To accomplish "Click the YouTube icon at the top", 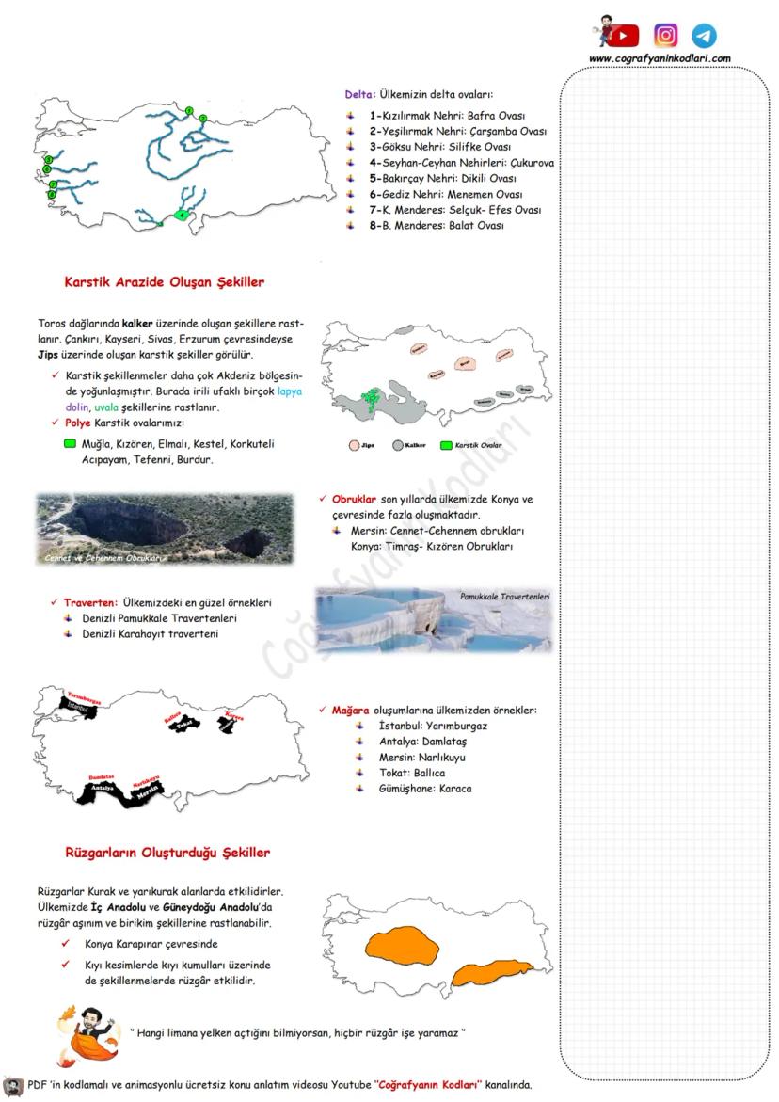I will [622, 36].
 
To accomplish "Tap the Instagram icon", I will [666, 36].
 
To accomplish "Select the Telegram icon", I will [704, 36].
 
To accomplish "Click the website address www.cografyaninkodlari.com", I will [660, 58].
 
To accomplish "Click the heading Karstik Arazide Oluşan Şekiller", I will [164, 281].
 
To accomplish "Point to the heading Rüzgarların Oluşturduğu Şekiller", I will [167, 853].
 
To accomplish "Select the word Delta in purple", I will [360, 94].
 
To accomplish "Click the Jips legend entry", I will [361, 444].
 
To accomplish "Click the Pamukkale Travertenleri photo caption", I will [504, 597].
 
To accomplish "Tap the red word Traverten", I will [90, 602].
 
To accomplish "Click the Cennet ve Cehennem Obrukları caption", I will [104, 558].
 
